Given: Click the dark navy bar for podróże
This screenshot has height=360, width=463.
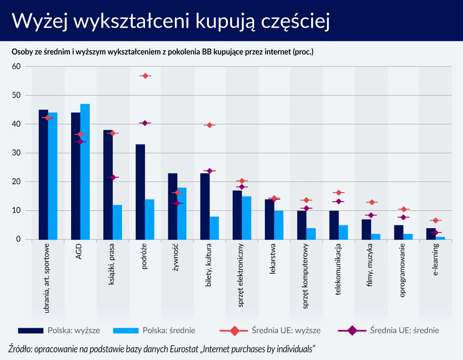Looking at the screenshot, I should click(x=140, y=192).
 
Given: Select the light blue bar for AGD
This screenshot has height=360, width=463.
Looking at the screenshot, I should click(x=85, y=172).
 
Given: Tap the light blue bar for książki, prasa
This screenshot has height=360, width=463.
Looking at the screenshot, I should click(x=117, y=222).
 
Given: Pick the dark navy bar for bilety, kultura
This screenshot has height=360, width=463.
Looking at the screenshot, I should click(x=205, y=206).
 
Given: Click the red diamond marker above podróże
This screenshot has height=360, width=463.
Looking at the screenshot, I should click(x=145, y=76).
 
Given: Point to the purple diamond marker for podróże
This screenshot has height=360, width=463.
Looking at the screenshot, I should click(x=145, y=123).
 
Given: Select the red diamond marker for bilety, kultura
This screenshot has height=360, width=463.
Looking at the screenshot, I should click(x=210, y=125).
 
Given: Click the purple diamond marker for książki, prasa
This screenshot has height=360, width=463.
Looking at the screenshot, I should click(x=112, y=177).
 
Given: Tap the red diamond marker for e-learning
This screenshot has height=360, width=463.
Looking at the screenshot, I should click(x=435, y=220).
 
